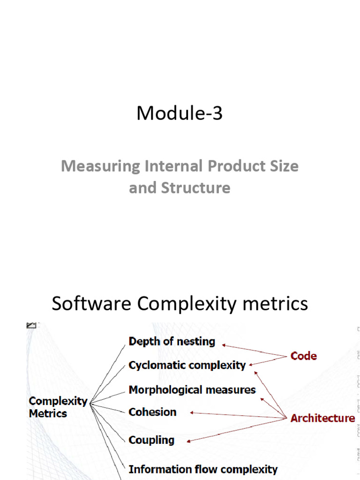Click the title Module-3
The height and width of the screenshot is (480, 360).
180,114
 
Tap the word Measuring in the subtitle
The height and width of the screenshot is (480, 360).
100,166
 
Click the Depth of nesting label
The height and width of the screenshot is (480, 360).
172,341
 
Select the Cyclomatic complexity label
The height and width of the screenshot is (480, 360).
187,365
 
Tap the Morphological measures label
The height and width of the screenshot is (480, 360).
192,390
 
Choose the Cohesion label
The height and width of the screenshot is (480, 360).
152,412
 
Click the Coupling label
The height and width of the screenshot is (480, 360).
151,440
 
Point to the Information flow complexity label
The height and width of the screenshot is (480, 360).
203,469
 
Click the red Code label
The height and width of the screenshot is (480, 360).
303,356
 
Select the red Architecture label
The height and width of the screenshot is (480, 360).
322,418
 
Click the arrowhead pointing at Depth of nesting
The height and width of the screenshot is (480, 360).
224,345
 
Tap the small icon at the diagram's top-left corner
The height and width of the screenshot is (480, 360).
32,325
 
